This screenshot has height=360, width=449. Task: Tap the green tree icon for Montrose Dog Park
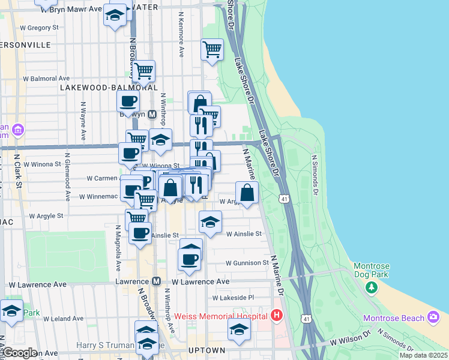coord(372,287)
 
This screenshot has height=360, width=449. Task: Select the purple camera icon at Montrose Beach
coord(434,317)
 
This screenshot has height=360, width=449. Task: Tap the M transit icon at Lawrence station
coord(157,281)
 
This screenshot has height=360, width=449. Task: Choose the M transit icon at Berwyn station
coord(152,114)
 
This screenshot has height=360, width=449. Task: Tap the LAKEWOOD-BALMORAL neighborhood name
coord(100,88)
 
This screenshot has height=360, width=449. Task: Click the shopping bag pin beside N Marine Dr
coord(247,193)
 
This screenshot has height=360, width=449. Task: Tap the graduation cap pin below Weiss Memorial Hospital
coord(239,330)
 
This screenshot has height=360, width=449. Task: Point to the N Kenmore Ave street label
coord(180,37)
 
